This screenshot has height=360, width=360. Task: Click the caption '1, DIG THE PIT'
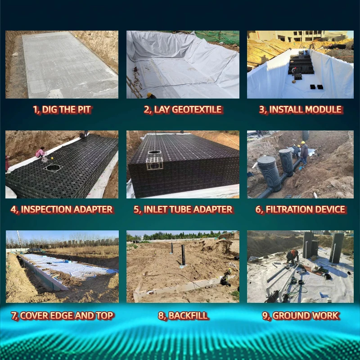click(x=62, y=109)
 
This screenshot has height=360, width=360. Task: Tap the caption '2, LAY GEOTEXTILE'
click(x=183, y=109)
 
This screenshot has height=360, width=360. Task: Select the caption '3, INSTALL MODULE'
click(x=300, y=109)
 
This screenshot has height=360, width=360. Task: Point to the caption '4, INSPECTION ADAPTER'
click(x=62, y=209)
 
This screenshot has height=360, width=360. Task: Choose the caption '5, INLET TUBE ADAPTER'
click(x=183, y=209)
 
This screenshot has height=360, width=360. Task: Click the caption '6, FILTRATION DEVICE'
click(x=300, y=209)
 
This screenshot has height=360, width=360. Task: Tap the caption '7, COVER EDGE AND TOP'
click(x=62, y=315)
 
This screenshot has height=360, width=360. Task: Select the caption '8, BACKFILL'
click(x=183, y=315)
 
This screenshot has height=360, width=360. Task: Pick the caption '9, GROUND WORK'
click(x=300, y=315)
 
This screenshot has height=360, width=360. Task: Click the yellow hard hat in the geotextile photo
click(x=149, y=95)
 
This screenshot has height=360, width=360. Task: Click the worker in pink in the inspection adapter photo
click(x=40, y=153)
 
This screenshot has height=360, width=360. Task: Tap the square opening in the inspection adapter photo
click(x=54, y=167)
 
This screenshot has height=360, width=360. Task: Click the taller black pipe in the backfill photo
click(x=183, y=254)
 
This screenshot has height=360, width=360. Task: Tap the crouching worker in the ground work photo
click(x=293, y=256)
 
